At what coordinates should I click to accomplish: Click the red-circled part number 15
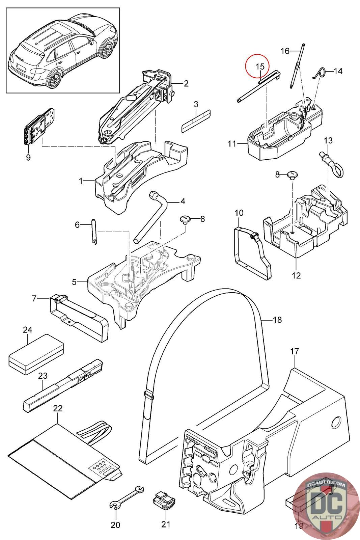click(x=260, y=66)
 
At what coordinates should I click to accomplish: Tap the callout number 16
click(x=285, y=51)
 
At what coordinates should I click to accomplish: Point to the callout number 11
click(x=232, y=144)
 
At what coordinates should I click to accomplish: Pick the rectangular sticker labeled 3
click(x=196, y=120)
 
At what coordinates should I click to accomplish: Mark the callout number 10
click(x=239, y=213)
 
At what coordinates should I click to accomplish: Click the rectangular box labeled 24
click(x=36, y=354)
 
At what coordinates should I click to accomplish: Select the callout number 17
click(x=295, y=351)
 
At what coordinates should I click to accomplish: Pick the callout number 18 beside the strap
click(x=277, y=320)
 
